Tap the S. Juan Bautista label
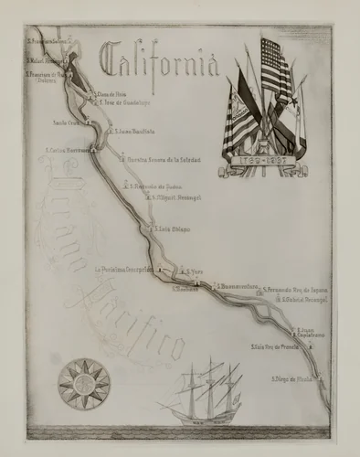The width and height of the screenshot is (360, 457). tap(137, 130)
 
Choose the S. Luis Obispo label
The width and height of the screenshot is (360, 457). tap(175, 229)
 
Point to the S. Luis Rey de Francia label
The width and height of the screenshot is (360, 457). tap(274, 347)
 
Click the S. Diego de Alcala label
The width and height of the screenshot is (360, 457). tap(298, 376)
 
